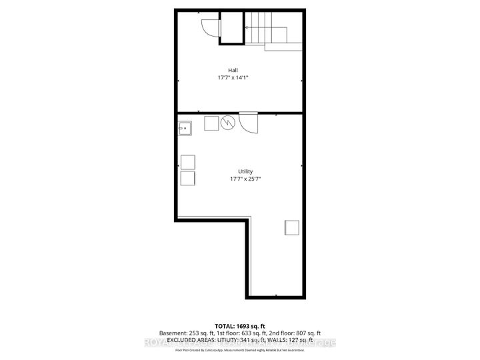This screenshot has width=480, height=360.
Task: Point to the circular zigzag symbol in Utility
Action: [x=227, y=123]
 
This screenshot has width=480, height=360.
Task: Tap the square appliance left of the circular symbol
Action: [x=211, y=123]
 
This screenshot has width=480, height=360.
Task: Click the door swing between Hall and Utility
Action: [x=249, y=123]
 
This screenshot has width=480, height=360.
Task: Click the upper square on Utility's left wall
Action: [x=187, y=161]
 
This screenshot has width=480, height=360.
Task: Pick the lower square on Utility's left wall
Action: [x=187, y=178]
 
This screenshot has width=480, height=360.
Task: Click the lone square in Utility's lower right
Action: [x=292, y=227]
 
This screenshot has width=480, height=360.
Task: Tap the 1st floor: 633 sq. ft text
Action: [x=239, y=333]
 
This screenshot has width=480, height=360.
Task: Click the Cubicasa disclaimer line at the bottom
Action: [x=239, y=349]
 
